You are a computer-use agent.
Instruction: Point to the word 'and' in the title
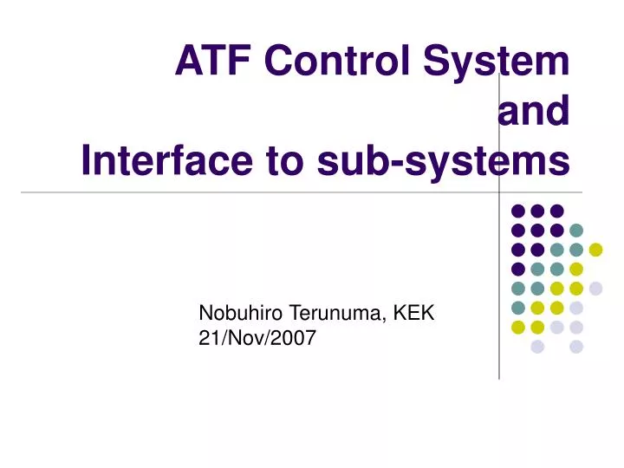point(534,112)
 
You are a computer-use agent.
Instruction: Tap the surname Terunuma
point(338,314)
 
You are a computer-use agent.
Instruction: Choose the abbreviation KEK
point(414,314)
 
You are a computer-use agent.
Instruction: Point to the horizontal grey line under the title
point(260,192)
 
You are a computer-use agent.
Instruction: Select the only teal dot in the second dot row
point(576,231)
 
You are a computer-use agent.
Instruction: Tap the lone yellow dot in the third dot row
point(595,250)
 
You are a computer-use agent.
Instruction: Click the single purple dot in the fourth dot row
point(518,269)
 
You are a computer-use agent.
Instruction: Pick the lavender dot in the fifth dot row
point(595,289)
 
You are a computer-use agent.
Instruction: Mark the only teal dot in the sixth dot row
point(518,308)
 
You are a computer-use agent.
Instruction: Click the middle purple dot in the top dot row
point(537,211)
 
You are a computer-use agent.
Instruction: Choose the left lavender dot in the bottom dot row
point(537,347)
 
